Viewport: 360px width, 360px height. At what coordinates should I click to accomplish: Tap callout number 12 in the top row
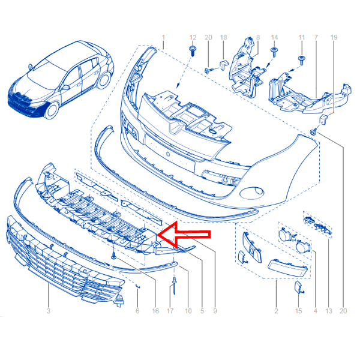pos(193,37)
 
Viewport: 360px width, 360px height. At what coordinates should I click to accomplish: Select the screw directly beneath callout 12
pos(193,51)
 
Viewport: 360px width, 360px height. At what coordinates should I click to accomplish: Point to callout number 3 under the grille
pos(48,311)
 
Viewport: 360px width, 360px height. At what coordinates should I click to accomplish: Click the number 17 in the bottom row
pos(170,311)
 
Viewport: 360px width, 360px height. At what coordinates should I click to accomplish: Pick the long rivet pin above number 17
pos(175,286)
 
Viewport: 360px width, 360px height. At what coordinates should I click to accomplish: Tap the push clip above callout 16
pos(114,256)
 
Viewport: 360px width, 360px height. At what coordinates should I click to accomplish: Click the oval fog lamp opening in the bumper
pos(252,192)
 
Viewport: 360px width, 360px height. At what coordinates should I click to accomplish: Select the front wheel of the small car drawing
pos(51,110)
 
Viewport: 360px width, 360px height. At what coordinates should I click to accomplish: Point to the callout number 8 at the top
pos(258,37)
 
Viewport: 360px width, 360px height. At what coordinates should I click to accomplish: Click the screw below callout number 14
pos(274,52)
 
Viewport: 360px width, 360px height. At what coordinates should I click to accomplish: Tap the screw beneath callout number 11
pos(302,60)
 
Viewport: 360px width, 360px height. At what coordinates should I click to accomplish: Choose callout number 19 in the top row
pos(334,37)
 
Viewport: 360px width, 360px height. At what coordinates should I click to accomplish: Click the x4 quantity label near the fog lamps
pos(294,240)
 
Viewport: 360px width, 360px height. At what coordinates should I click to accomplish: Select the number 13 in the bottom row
pos(329,311)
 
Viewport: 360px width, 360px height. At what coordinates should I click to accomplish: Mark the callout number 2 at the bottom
pos(276,311)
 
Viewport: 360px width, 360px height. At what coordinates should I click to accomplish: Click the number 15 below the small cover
pos(298,311)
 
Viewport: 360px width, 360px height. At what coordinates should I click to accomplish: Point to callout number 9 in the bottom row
pos(215,311)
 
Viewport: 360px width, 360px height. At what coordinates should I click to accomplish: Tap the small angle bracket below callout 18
pos(224,65)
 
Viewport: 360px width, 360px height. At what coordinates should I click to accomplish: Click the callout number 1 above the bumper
pos(163,37)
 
